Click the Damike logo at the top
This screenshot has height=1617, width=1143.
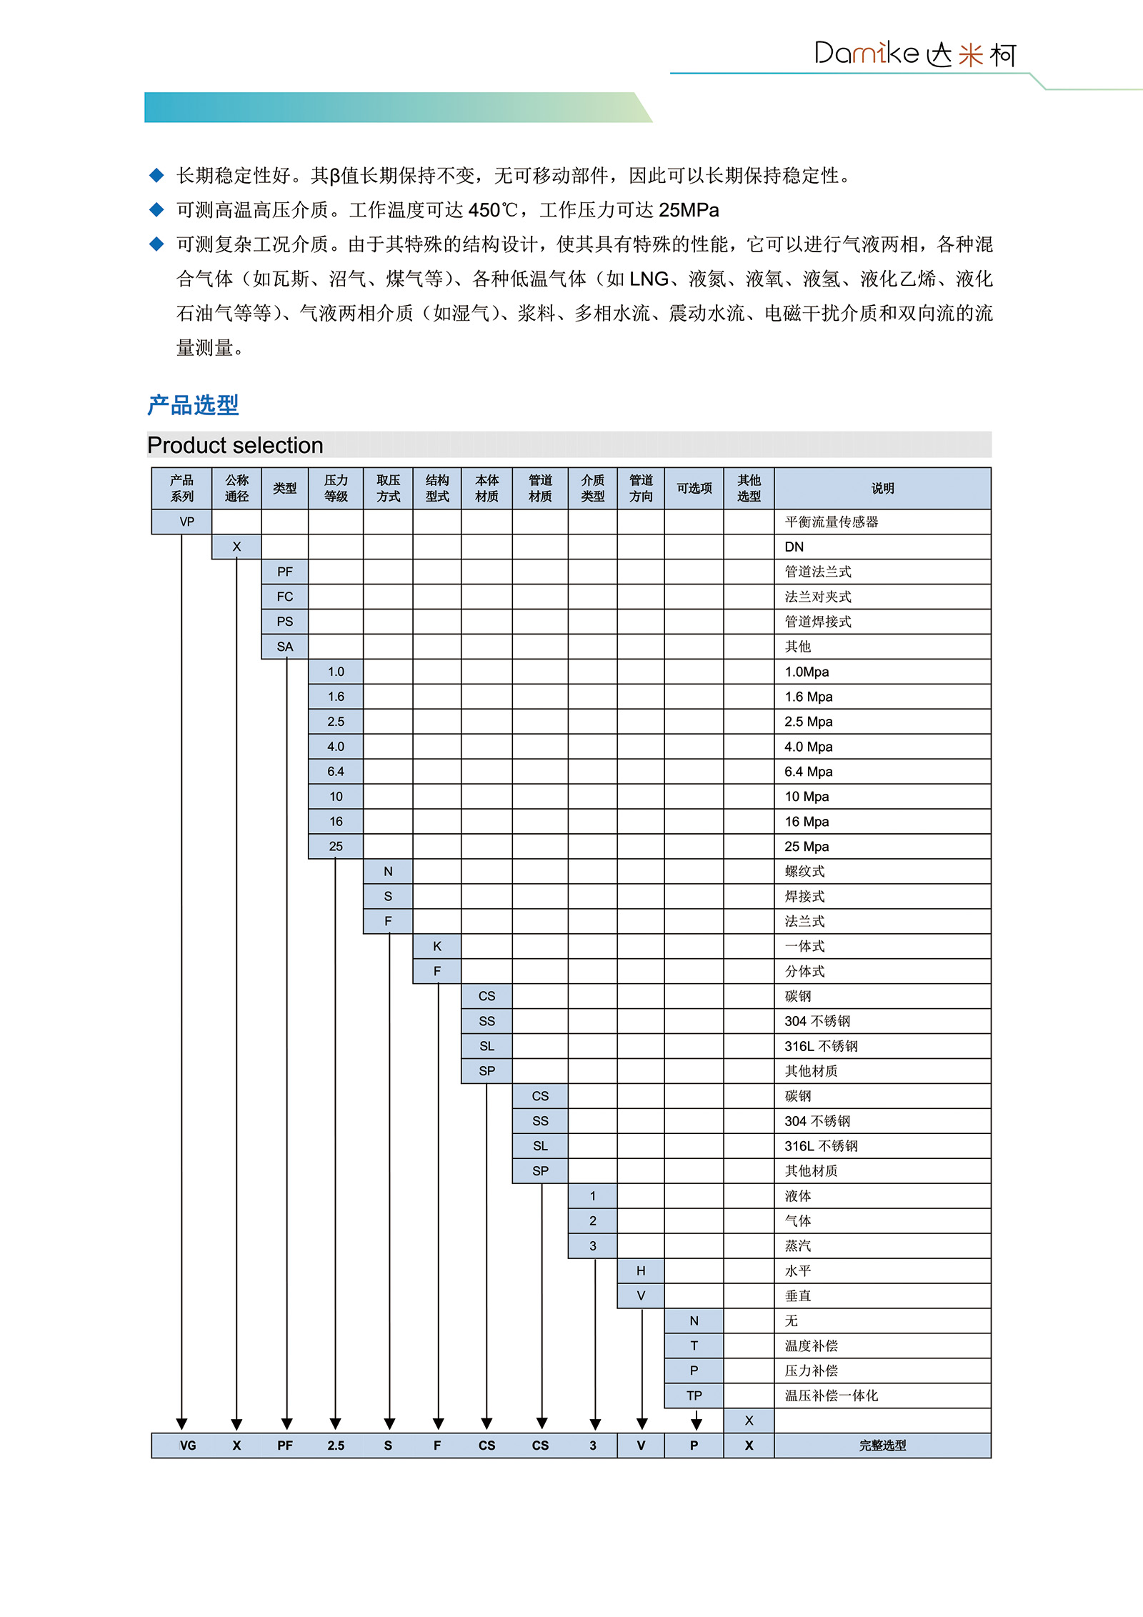914,54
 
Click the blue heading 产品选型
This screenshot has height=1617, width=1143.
193,405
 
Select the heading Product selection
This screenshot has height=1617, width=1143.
235,445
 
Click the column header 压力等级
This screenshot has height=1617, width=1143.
336,488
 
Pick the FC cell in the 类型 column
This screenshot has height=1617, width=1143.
284,597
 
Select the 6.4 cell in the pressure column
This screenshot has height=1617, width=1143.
336,771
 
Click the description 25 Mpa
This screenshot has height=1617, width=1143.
807,846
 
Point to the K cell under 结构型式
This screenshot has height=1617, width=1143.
437,946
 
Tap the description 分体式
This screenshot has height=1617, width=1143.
804,971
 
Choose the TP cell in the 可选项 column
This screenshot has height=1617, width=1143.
694,1395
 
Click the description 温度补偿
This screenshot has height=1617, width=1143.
811,1345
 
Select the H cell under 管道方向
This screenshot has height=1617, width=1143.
641,1270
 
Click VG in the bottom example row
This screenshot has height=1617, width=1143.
187,1446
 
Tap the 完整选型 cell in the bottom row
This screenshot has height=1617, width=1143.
882,1446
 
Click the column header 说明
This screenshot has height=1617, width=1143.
882,488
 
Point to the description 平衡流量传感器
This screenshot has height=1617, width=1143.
832,522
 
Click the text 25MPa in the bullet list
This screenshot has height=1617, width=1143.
689,210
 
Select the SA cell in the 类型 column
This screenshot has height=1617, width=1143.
284,647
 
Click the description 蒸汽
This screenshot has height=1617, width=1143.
798,1245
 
